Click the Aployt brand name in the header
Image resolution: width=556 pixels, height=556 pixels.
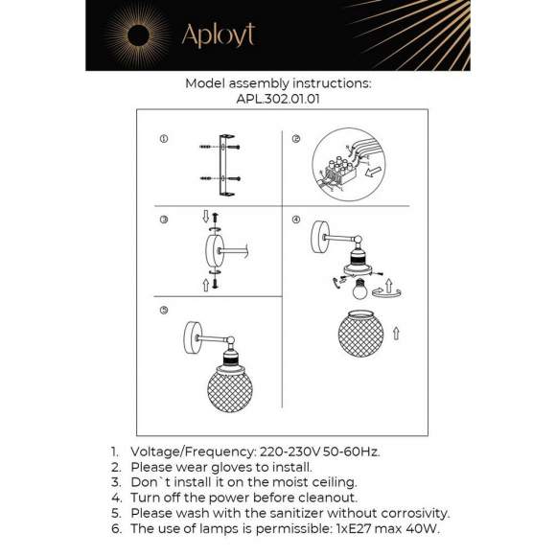coord(218,35)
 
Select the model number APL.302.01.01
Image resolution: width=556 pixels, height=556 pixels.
coord(278,98)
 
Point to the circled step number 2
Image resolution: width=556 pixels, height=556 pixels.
coord(296,140)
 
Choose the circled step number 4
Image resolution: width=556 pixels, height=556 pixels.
coord(296,220)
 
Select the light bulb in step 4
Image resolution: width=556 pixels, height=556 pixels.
coord(361,287)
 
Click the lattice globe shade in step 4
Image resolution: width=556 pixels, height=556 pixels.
coord(364,336)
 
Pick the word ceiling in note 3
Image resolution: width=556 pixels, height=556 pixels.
coord(330,481)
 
